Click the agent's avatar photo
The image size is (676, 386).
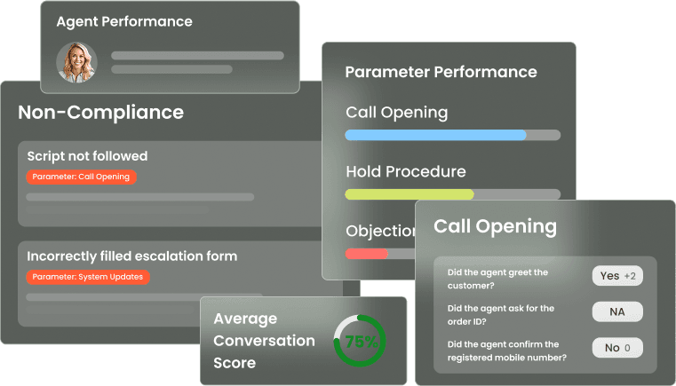pos(76,62)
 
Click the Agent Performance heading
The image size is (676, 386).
pos(123,21)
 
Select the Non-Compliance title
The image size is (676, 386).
pos(100,113)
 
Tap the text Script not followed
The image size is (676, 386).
pos(87,156)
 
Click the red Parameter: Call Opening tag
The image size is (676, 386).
pos(81,177)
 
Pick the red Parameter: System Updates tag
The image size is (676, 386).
pos(88,277)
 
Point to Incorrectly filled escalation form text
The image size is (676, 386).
pos(131,256)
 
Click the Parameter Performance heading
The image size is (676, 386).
pos(441,72)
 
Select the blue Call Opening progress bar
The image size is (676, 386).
pos(435,135)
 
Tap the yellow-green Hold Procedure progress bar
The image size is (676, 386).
pos(410,194)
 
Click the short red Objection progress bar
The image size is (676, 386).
pos(366,254)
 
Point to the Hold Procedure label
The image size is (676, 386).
pos(405,171)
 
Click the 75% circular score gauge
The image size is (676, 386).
pos(359,341)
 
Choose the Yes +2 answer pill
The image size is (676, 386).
pos(617,276)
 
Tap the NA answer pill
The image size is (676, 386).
pos(617,311)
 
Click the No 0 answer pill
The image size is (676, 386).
pos(617,348)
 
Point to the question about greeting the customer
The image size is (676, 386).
pos(497,279)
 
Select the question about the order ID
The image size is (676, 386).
pos(501,315)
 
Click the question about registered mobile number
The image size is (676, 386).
pos(503,351)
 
